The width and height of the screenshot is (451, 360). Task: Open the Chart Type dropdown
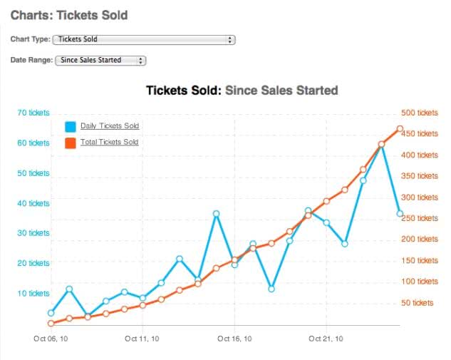tap(144, 40)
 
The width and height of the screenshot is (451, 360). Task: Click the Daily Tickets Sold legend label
tap(110, 126)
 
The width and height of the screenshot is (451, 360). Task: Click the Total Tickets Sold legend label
tap(110, 143)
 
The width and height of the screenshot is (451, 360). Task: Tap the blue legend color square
tap(71, 127)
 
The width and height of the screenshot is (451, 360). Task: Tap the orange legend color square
tap(71, 143)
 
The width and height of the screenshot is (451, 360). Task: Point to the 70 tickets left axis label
tap(33, 113)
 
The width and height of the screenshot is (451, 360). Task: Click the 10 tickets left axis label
tap(33, 294)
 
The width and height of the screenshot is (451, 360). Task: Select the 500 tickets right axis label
tap(420, 113)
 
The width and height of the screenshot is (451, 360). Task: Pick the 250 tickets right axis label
tap(420, 218)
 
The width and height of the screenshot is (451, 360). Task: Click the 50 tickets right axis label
tap(418, 303)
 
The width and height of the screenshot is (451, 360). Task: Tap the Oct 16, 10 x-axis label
tap(234, 339)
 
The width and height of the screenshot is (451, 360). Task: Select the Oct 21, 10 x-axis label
tap(326, 339)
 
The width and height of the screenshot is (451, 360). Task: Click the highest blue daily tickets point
tap(382, 145)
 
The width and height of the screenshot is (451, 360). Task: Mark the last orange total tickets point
tap(400, 129)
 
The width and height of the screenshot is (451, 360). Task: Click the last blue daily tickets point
tap(400, 214)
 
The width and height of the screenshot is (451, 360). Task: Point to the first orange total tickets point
tap(51, 324)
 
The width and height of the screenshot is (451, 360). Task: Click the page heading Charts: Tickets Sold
tap(69, 14)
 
